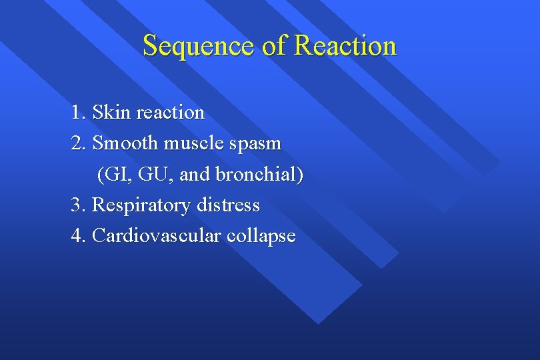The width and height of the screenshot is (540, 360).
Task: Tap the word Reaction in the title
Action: click(345, 47)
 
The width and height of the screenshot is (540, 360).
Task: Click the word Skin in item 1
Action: click(111, 112)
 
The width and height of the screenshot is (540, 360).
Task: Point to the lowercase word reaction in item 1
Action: click(170, 112)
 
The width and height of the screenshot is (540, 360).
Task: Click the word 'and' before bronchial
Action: click(195, 175)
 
